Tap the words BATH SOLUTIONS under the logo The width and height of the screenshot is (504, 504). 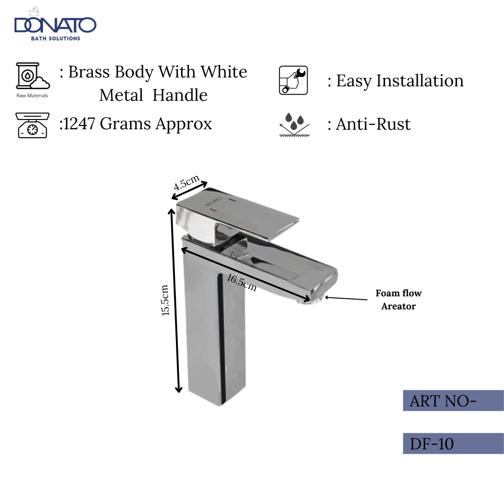click(55, 38)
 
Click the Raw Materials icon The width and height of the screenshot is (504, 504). click(32, 77)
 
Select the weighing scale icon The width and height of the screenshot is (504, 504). click(32, 125)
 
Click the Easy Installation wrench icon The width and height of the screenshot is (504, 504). click(293, 80)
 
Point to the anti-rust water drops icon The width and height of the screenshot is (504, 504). click(294, 124)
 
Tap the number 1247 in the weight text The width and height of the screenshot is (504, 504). click(78, 124)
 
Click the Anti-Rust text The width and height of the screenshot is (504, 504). click(373, 124)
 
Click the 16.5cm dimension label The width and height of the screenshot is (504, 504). click(242, 282)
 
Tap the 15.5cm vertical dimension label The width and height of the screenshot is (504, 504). click(165, 300)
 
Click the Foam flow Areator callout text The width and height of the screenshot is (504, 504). click(398, 300)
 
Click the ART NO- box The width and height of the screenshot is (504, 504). click(453, 401)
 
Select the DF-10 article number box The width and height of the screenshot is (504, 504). click(453, 443)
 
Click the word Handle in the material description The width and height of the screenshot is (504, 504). click(180, 95)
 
